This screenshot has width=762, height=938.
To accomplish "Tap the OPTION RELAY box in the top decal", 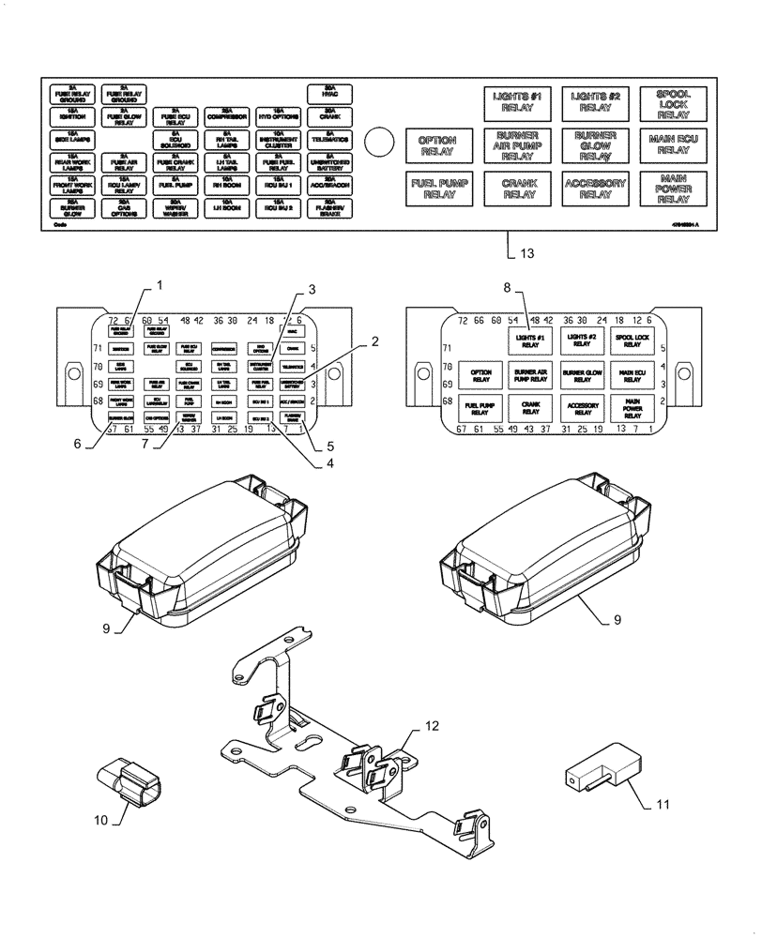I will tap(435, 144).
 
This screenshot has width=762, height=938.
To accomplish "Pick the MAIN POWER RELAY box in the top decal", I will tap(672, 188).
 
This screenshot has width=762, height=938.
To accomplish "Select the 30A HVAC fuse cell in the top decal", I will tap(329, 92).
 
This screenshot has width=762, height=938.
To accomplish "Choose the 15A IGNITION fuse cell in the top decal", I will tap(72, 115).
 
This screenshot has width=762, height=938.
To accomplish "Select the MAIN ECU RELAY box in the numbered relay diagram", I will tap(631, 376).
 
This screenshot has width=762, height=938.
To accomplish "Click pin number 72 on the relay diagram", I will tap(462, 321).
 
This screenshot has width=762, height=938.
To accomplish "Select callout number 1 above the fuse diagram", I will tap(160, 283).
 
